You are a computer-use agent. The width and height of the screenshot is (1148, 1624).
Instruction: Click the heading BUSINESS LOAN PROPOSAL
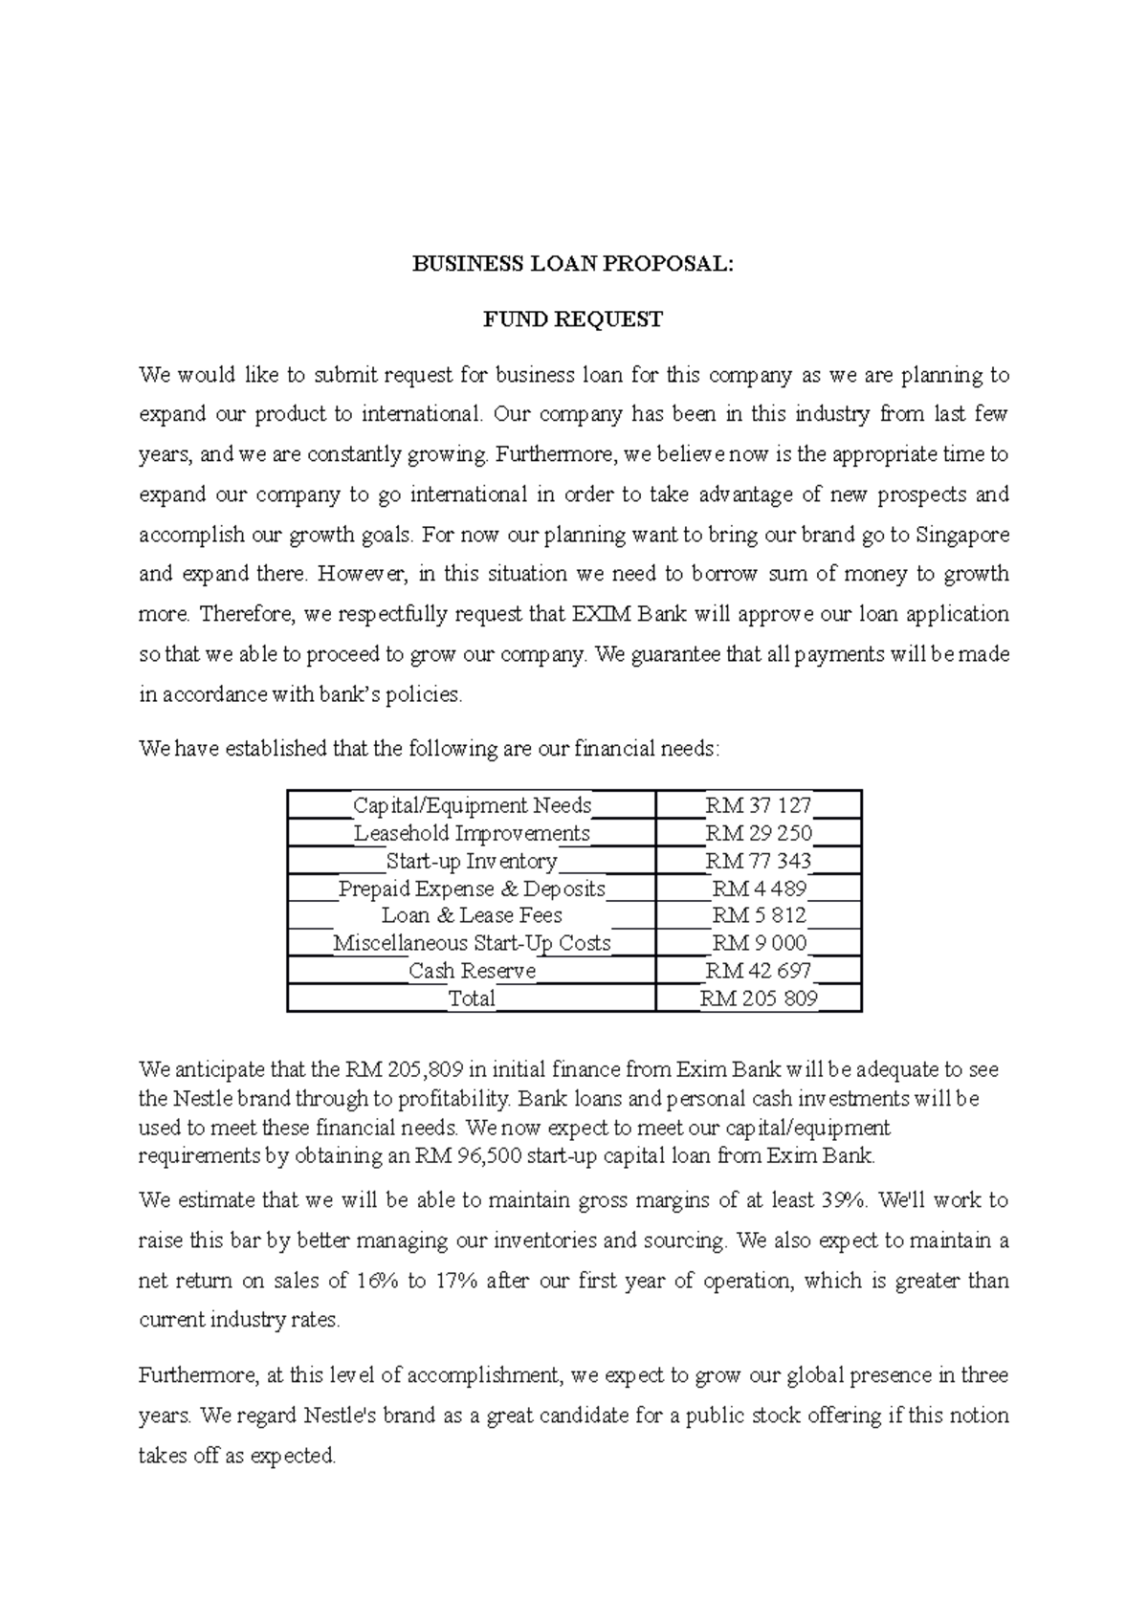(572, 265)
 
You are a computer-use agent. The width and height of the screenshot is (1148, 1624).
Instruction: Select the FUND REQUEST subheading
(572, 319)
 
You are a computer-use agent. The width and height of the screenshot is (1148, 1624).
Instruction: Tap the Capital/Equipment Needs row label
(473, 805)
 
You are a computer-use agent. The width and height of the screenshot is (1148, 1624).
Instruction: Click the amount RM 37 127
(759, 805)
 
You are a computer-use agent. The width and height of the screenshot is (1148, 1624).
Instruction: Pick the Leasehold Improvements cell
(473, 833)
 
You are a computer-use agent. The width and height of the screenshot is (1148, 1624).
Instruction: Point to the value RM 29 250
(759, 833)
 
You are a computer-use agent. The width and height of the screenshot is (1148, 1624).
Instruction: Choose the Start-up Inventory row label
(472, 861)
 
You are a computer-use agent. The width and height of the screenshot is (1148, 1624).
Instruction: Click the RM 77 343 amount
(759, 861)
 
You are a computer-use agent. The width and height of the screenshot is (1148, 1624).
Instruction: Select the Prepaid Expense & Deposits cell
(472, 889)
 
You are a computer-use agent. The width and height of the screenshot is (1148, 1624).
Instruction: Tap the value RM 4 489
(759, 889)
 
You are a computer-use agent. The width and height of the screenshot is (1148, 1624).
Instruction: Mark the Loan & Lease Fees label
(472, 915)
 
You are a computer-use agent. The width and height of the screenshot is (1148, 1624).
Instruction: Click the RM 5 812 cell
(759, 915)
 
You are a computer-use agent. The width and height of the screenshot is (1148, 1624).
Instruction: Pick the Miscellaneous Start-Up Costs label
(472, 943)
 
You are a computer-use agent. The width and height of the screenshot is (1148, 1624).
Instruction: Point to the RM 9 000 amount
(759, 943)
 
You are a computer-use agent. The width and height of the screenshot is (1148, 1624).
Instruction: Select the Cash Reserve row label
(472, 971)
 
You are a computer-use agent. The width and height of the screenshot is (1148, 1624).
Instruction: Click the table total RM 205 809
(759, 999)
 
